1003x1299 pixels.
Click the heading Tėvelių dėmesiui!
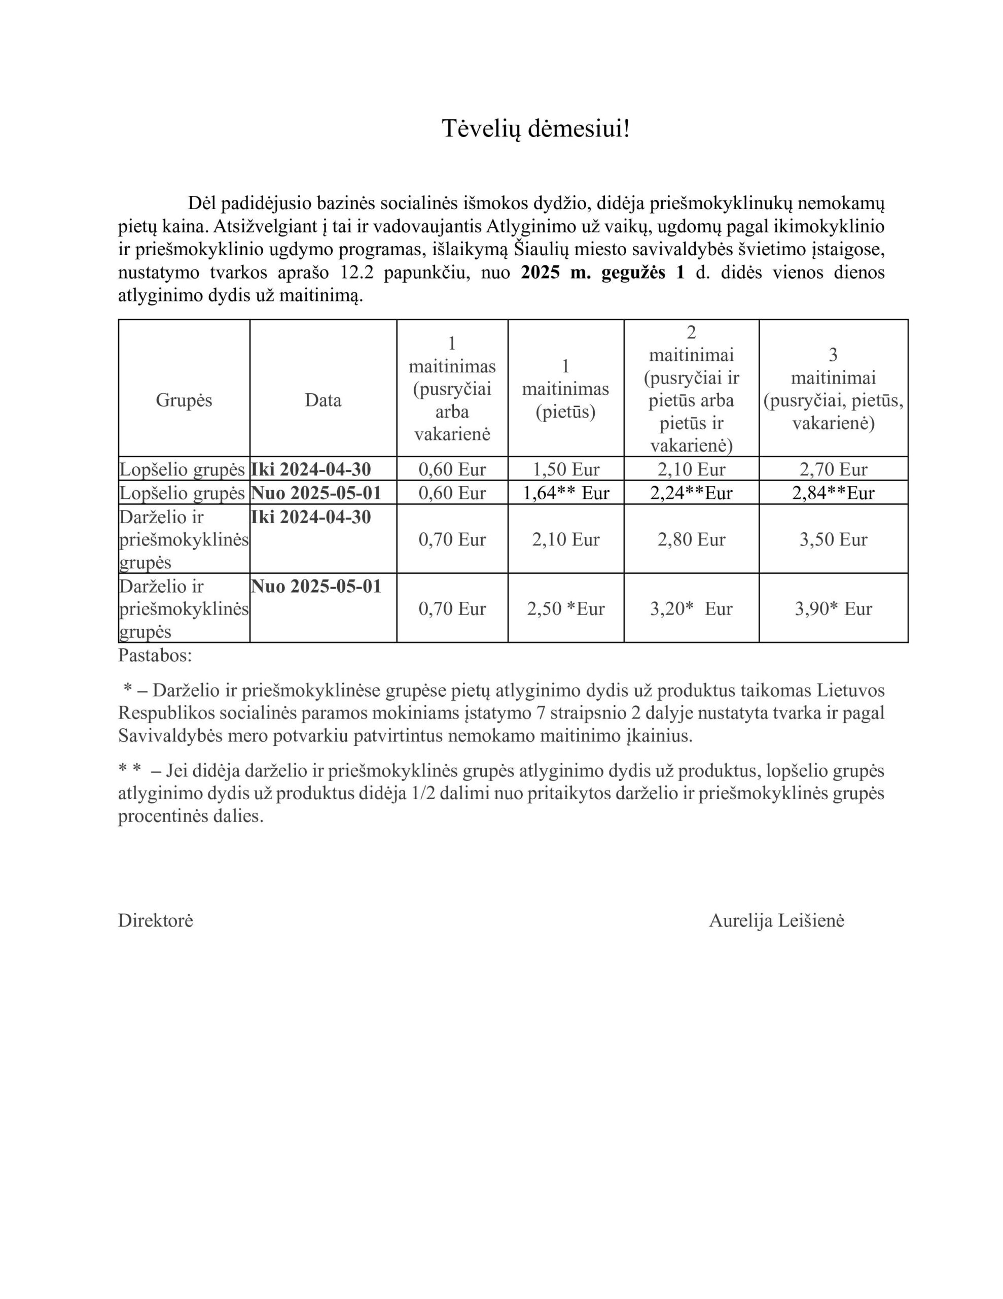[535, 128]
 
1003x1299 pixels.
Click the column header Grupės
[184, 400]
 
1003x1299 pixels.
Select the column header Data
[323, 400]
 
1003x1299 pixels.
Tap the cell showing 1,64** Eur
[565, 493]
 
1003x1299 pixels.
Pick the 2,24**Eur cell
[691, 493]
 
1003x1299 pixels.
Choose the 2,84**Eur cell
[833, 493]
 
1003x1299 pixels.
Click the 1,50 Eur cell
[565, 469]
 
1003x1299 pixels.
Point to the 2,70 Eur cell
[833, 469]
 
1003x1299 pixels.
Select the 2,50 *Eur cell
[565, 608]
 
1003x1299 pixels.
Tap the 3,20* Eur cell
[691, 608]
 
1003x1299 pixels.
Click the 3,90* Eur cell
[833, 608]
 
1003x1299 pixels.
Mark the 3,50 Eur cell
[833, 539]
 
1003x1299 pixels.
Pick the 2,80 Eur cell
[691, 539]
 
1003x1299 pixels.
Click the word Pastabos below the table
[155, 656]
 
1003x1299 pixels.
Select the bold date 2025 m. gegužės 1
[602, 272]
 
